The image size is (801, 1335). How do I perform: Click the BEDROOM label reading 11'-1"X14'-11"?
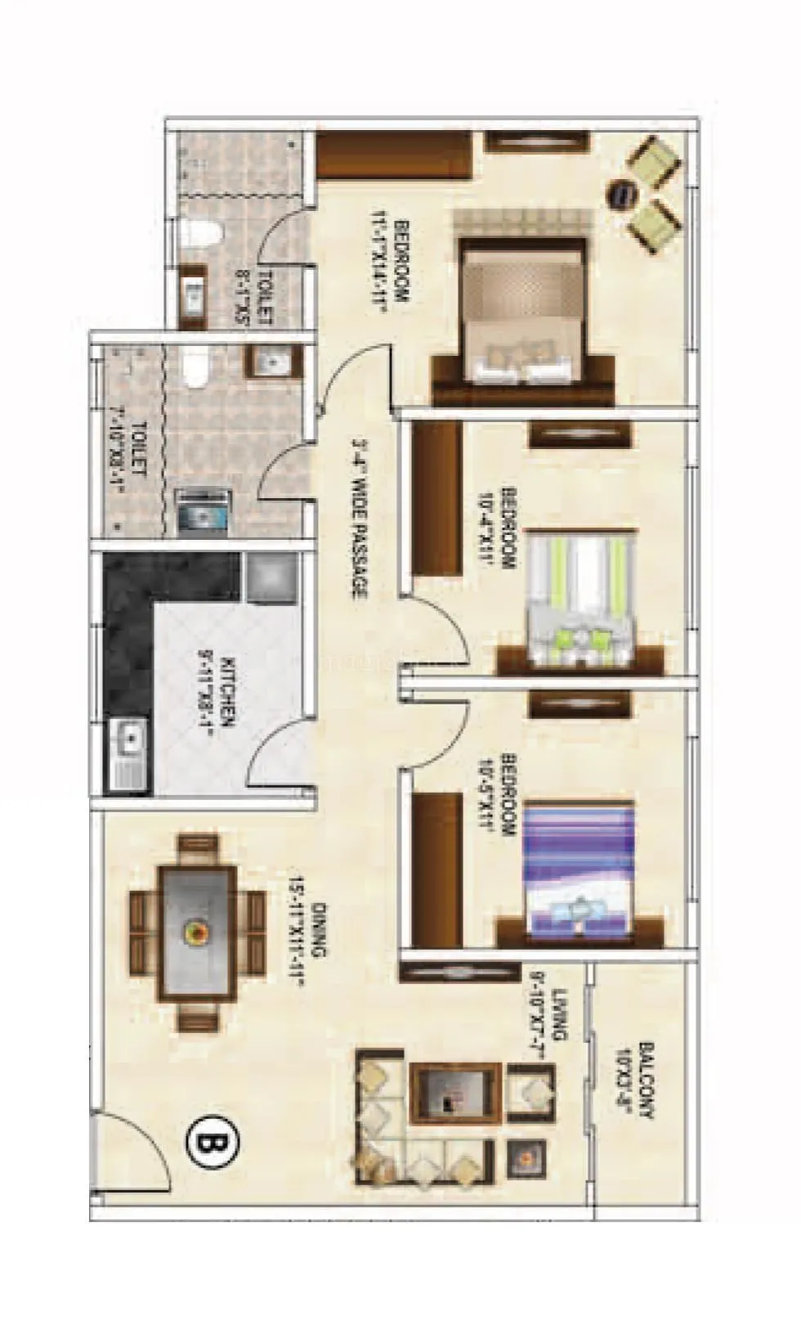(x=391, y=260)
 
